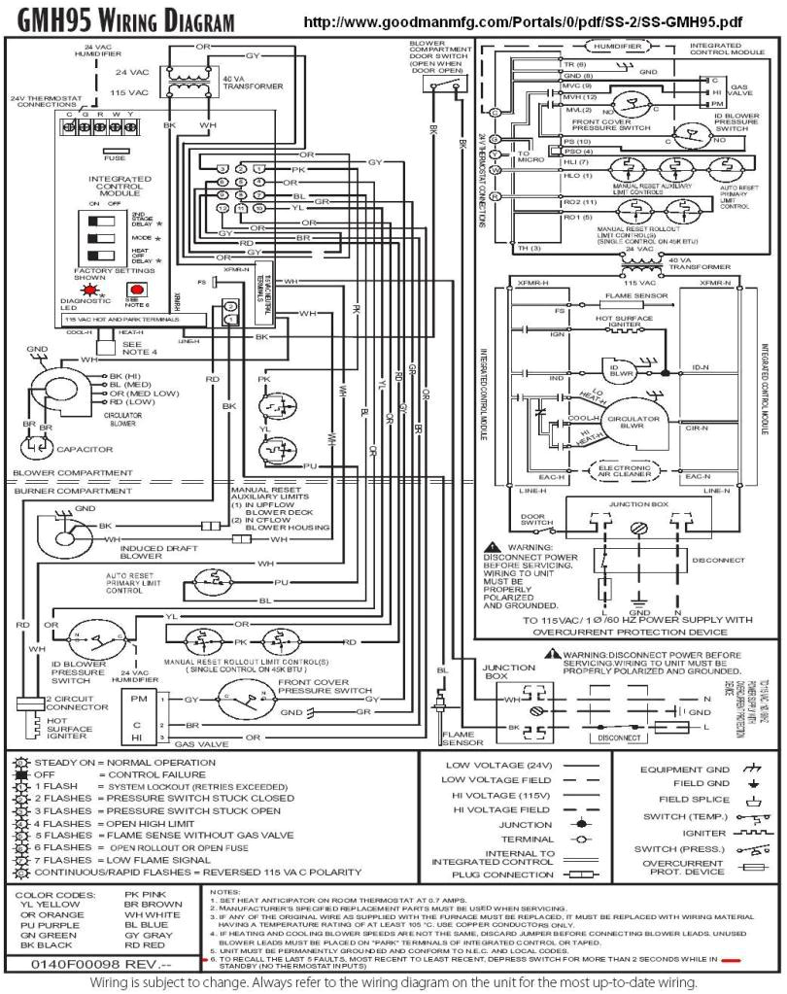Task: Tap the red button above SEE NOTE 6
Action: point(138,290)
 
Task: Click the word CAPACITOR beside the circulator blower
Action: point(85,450)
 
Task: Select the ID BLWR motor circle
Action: point(622,369)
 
